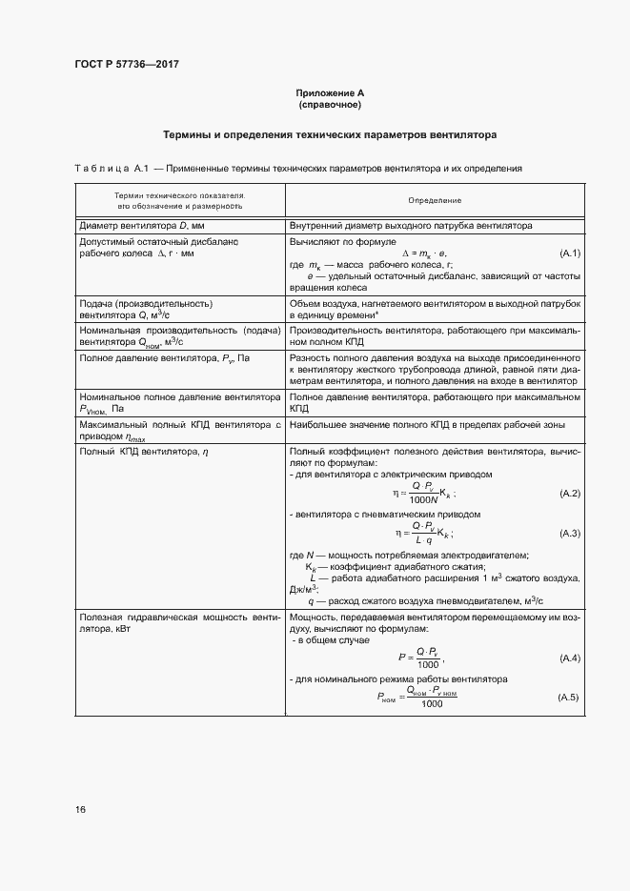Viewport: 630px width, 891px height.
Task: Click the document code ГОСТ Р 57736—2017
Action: coord(127,64)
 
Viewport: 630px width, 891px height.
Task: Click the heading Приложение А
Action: coord(330,92)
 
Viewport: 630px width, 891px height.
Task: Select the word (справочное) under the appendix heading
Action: coord(330,104)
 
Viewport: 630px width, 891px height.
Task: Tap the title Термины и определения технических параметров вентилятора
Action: coord(330,135)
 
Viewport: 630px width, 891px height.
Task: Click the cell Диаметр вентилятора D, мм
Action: coord(142,226)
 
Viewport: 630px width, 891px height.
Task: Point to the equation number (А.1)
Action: coord(569,253)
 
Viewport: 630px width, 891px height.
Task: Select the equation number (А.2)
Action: coord(569,494)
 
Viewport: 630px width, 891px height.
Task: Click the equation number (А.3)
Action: coord(569,532)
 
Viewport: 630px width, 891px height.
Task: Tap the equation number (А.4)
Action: coord(569,658)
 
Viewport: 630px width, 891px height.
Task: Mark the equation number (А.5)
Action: coord(569,698)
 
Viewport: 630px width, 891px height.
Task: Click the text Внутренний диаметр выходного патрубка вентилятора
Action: coord(410,226)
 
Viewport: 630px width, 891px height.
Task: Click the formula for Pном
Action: coord(417,697)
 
